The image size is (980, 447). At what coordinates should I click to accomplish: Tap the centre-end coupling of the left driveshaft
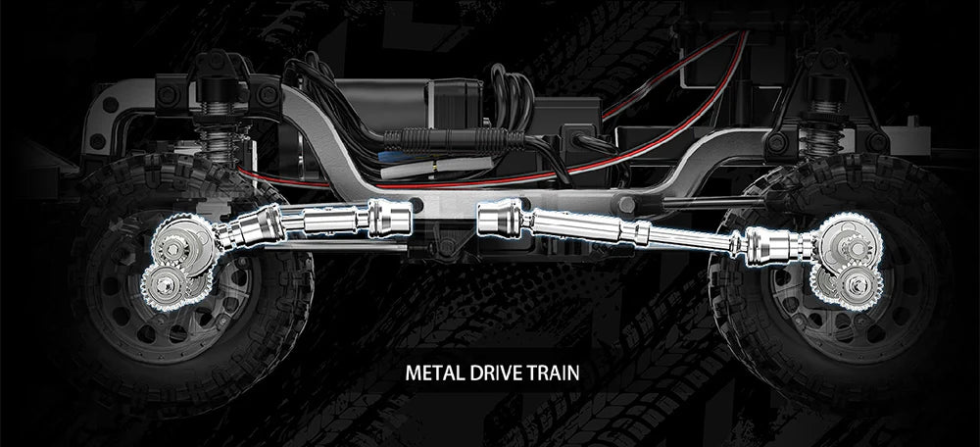click(390, 219)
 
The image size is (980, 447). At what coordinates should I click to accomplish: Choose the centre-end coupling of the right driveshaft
click(501, 219)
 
